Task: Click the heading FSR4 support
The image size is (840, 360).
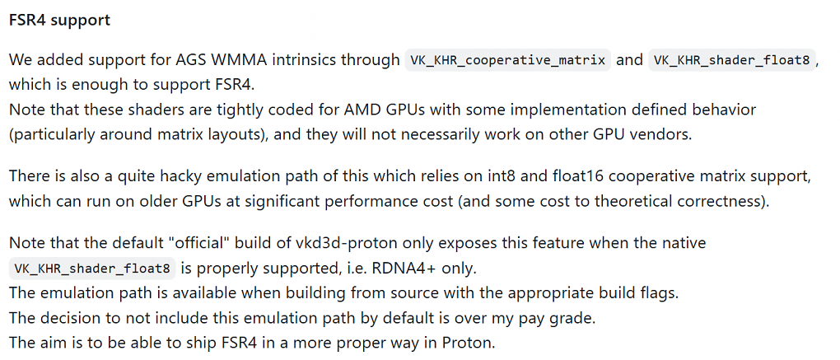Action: click(x=59, y=21)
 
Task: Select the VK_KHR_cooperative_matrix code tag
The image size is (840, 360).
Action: click(x=508, y=60)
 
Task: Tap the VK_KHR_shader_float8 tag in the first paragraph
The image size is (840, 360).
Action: click(x=732, y=60)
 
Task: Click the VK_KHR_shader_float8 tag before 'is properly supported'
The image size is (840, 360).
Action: click(x=93, y=269)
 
